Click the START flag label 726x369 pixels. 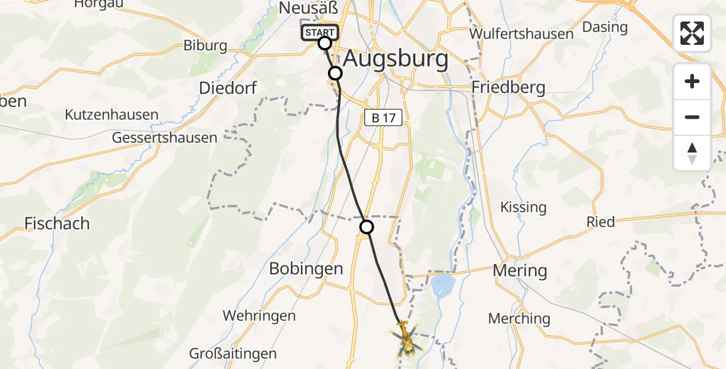[319, 33]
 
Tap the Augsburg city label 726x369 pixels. [396, 60]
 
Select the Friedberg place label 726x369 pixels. [508, 88]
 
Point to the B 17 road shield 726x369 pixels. [383, 118]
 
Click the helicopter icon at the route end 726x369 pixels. [405, 340]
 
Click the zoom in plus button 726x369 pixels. [692, 81]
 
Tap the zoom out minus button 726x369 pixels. [692, 117]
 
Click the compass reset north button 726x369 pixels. [692, 153]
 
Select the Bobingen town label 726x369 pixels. [306, 269]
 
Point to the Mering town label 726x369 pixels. [519, 270]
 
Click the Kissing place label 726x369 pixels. [524, 207]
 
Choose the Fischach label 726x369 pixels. [57, 223]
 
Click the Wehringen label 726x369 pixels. [259, 315]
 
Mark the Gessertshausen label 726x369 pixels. [164, 138]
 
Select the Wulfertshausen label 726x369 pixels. [521, 34]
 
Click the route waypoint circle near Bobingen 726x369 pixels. [367, 228]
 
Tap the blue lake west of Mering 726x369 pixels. [442, 285]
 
